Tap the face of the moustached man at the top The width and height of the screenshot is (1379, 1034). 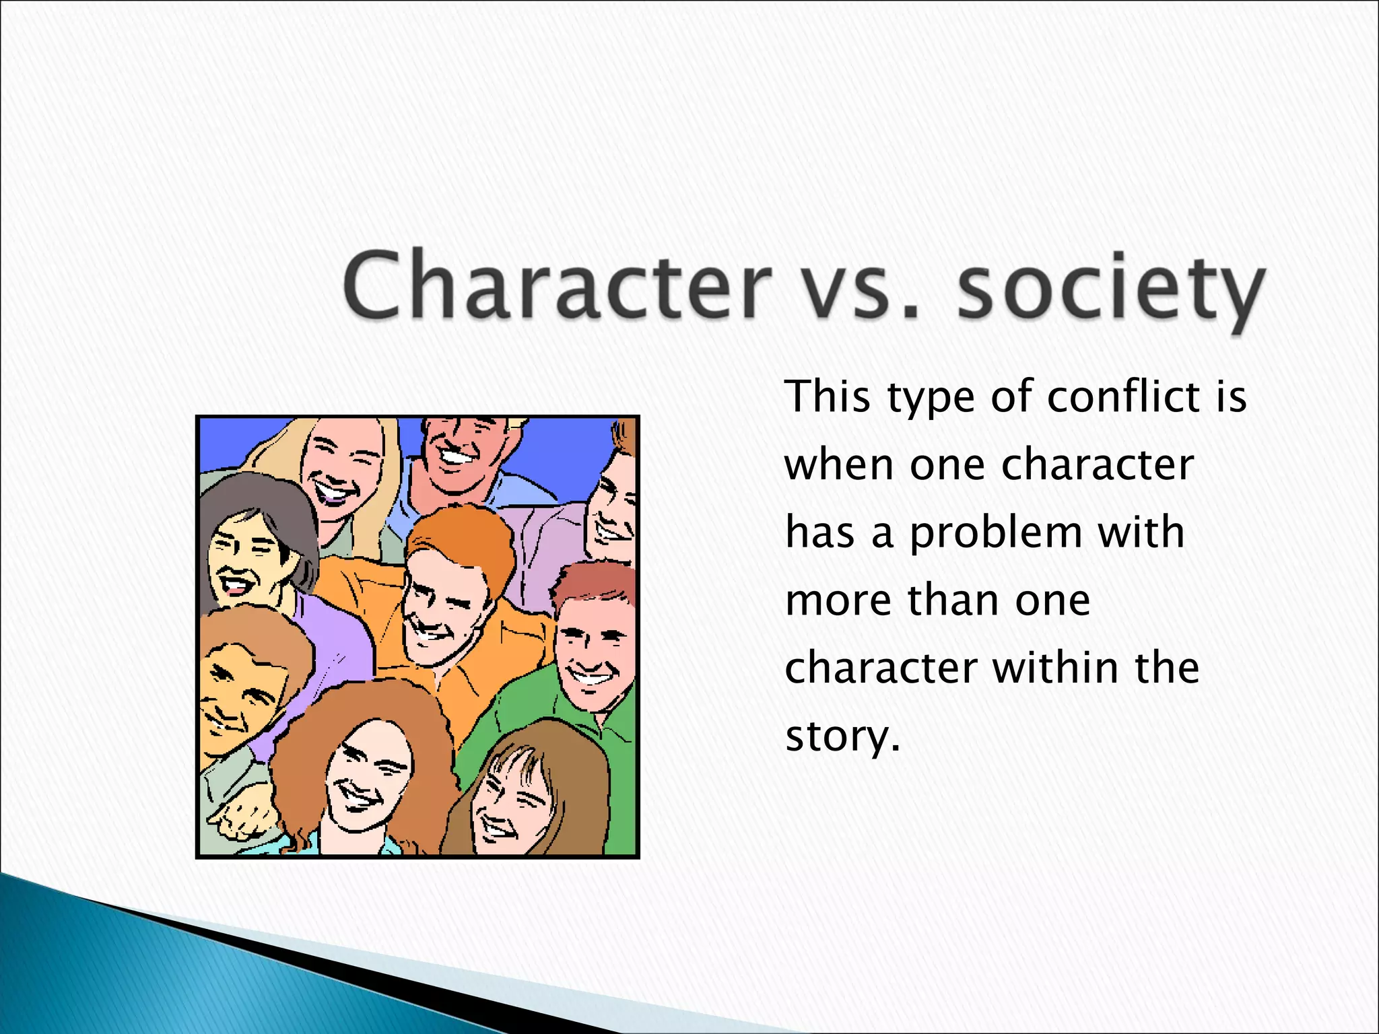tap(461, 448)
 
